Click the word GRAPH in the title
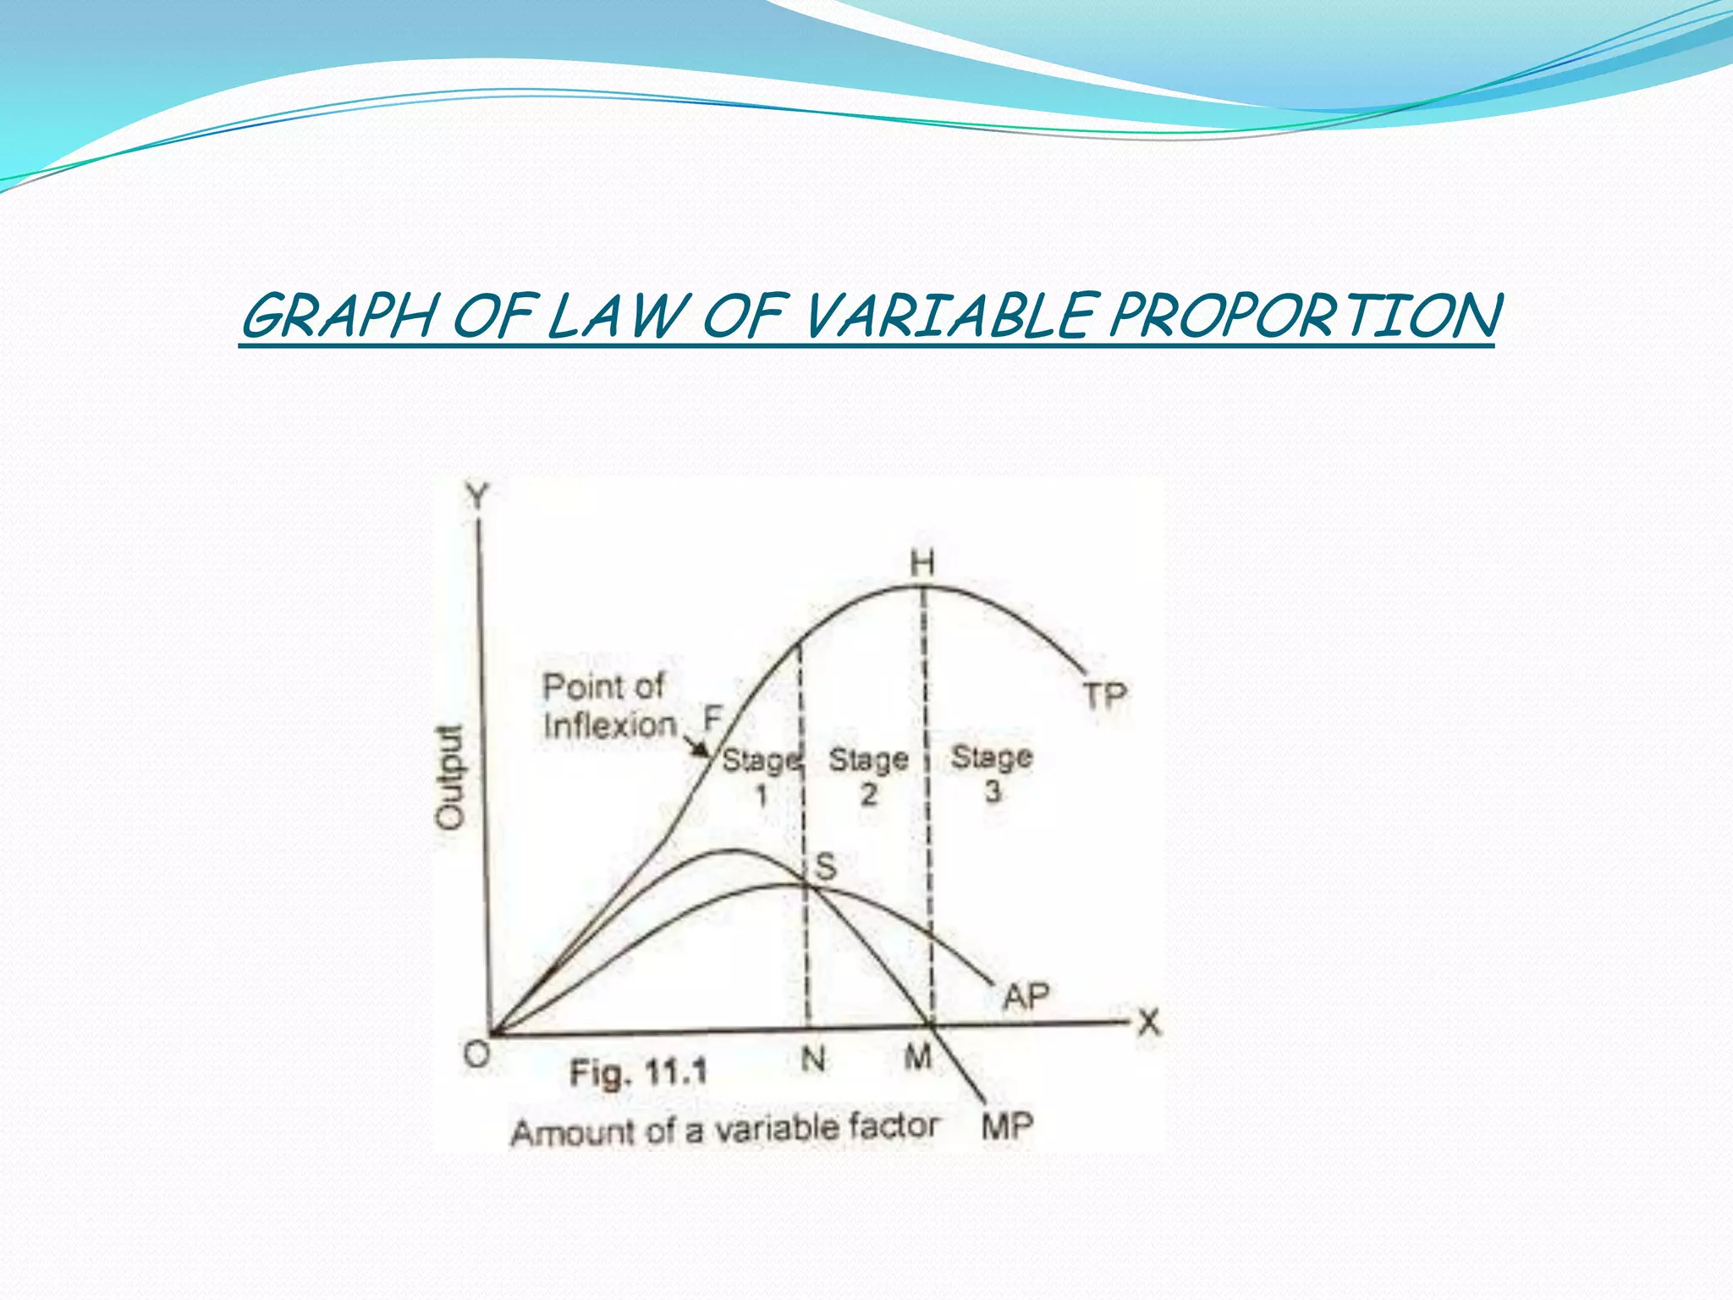338,317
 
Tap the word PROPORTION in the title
1303,317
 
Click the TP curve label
1105,696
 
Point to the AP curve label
1026,996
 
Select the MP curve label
1007,1126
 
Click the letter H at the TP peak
922,563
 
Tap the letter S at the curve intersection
825,866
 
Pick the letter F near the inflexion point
713,719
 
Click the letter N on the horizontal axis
813,1058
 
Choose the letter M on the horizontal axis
918,1056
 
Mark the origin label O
477,1055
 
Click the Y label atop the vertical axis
479,497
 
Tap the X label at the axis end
1148,1022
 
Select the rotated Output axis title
450,776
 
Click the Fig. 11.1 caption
638,1073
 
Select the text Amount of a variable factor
724,1129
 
